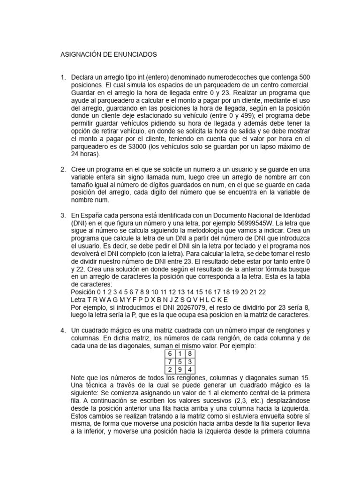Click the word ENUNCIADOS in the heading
coord(134,55)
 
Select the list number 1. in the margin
coord(63,77)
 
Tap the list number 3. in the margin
coord(63,215)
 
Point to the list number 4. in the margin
coord(63,330)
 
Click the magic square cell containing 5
coord(180,361)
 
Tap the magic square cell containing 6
coord(169,353)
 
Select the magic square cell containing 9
coord(180,369)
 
